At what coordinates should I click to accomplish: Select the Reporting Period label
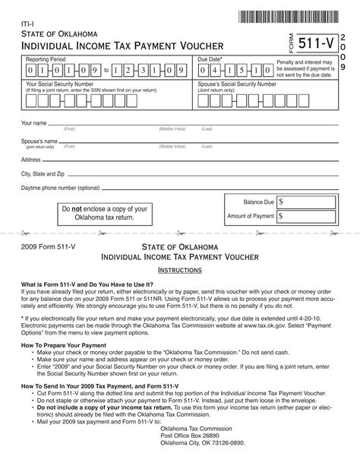[46, 59]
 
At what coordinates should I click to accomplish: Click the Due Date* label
[210, 59]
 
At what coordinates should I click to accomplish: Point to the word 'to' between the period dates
[107, 71]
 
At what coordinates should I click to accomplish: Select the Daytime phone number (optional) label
[61, 187]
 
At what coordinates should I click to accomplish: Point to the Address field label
[31, 160]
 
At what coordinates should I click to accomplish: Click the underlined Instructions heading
[179, 270]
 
